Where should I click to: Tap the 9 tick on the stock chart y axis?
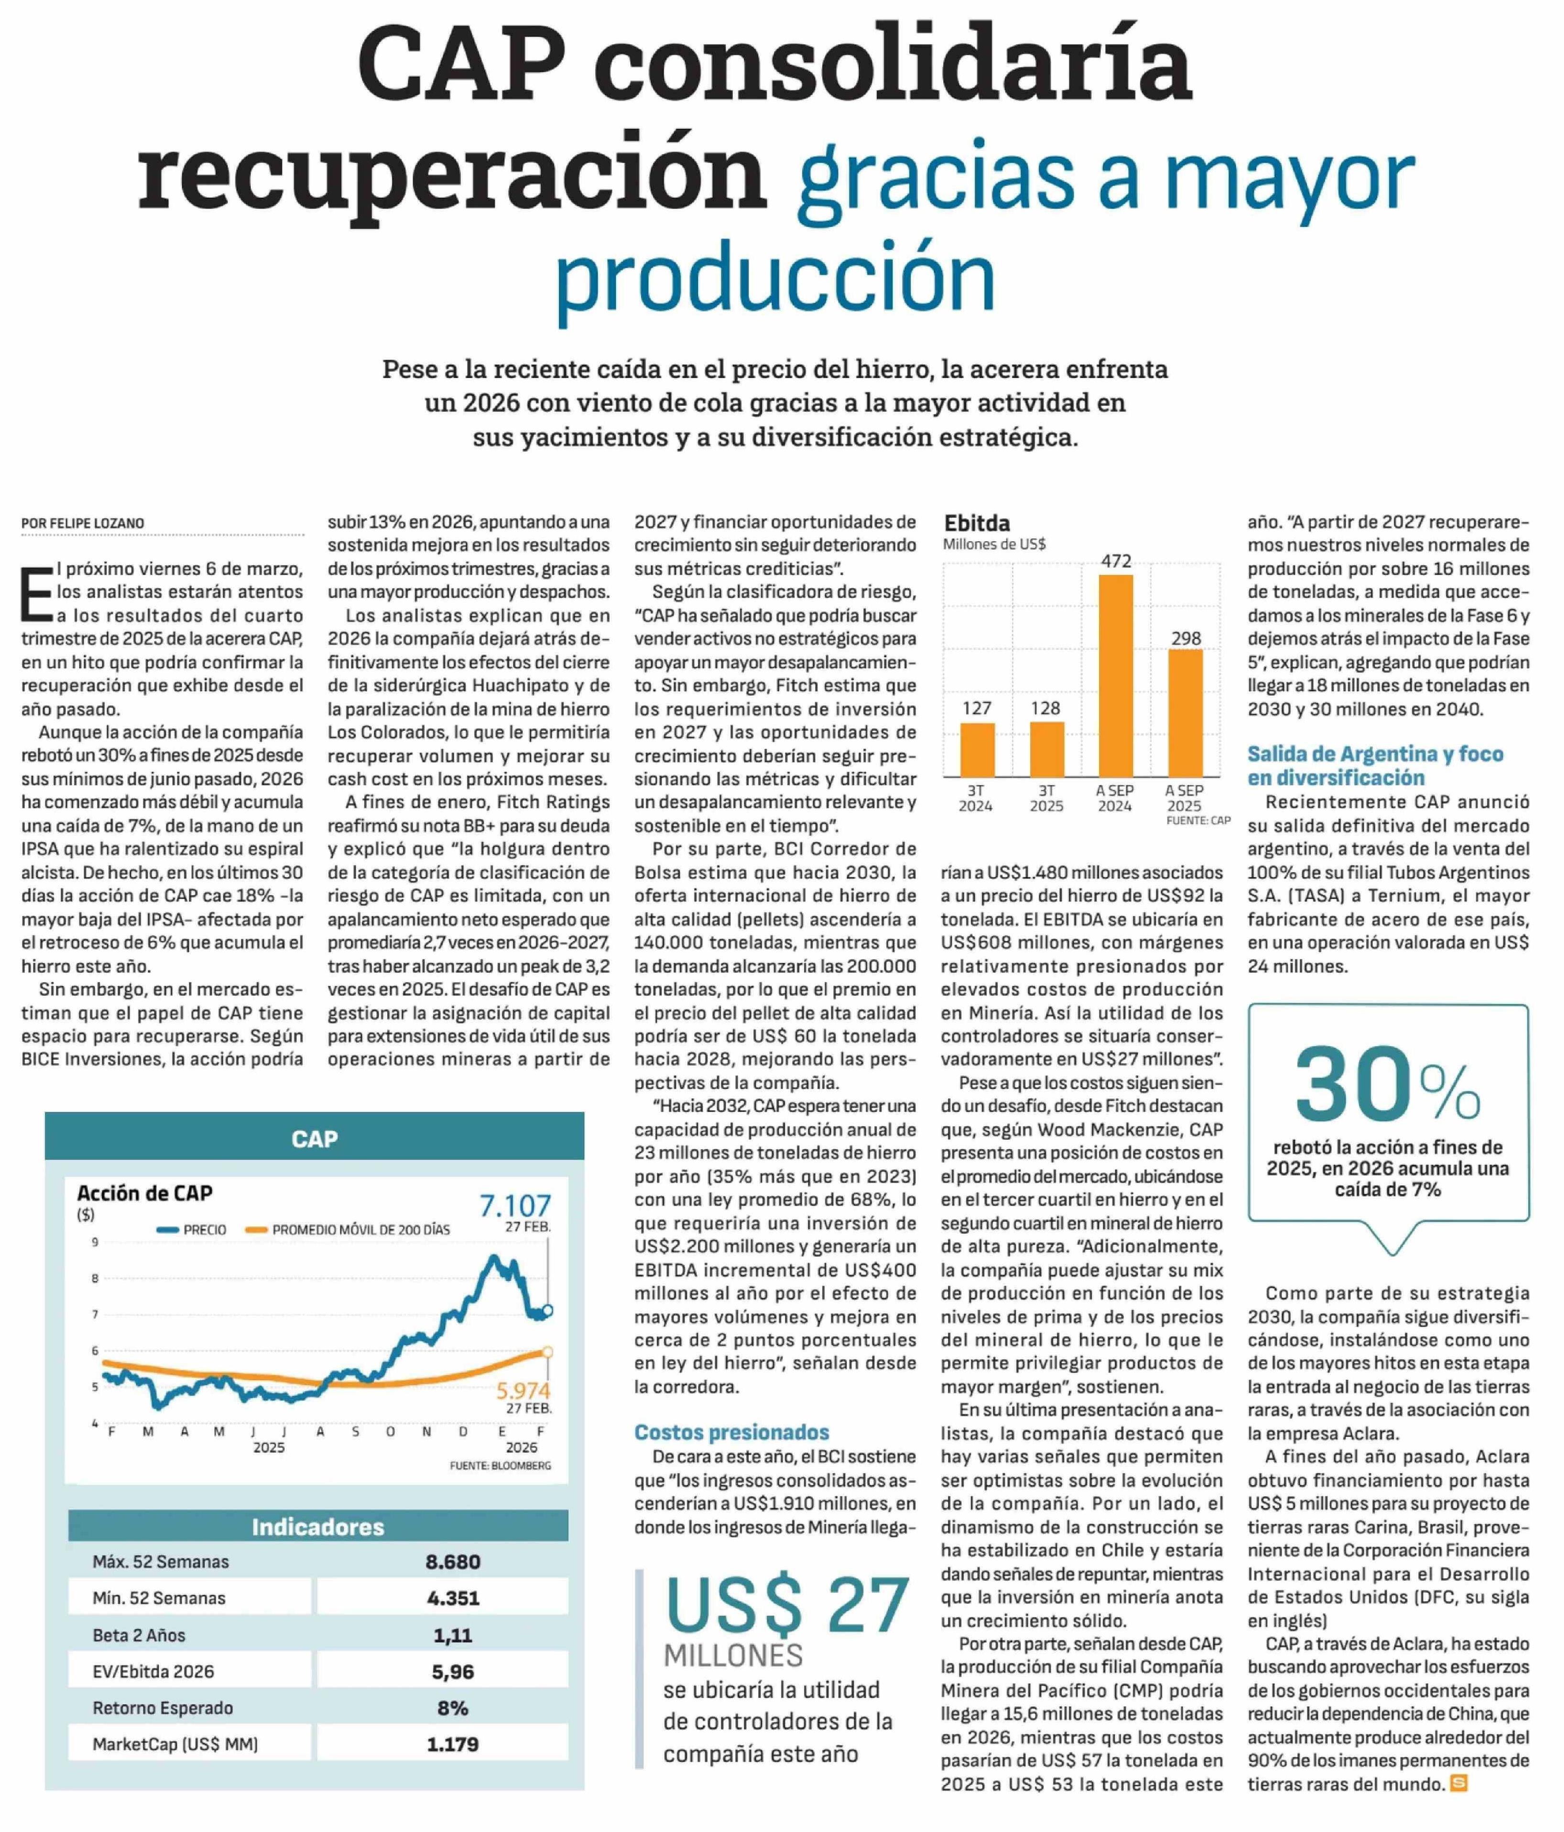point(95,1242)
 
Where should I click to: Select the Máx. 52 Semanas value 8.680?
point(453,1561)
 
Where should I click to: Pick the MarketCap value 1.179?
point(453,1745)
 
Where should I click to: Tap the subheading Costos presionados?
point(731,1432)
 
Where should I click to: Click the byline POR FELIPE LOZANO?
point(83,523)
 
